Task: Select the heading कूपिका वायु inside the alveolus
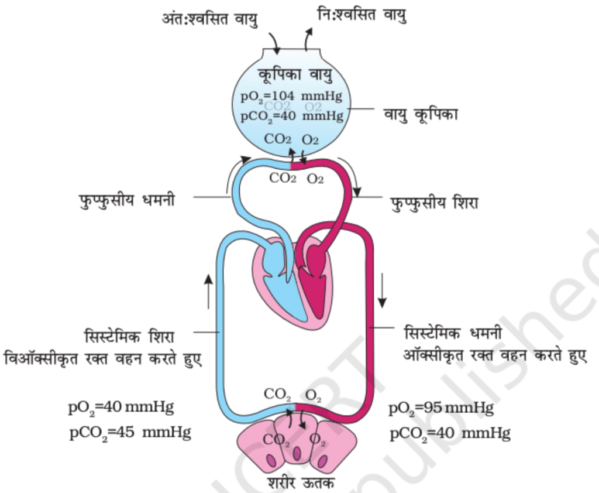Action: pyautogui.click(x=295, y=74)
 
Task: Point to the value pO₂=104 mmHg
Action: pyautogui.click(x=291, y=95)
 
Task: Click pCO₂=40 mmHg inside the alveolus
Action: pyautogui.click(x=291, y=115)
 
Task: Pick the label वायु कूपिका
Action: pyautogui.click(x=421, y=113)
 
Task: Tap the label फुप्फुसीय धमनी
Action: pyautogui.click(x=127, y=200)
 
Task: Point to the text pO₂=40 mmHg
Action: pyautogui.click(x=121, y=407)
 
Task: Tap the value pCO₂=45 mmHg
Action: pyautogui.click(x=130, y=433)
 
